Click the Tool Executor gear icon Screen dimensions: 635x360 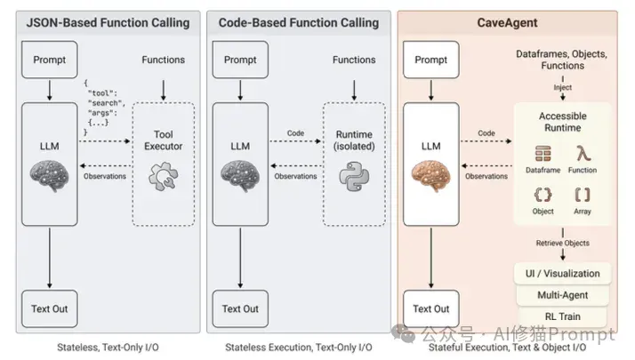164,176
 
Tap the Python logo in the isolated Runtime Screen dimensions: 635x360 354,177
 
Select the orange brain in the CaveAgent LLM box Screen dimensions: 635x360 430,176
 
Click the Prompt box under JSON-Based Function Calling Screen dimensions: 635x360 50,60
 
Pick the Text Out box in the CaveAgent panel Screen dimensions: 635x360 430,308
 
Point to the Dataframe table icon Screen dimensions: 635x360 543,154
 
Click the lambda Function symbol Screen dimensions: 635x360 583,154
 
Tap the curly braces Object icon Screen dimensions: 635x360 543,195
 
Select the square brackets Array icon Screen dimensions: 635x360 583,195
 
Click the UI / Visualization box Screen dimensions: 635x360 562,274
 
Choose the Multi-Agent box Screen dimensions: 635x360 562,295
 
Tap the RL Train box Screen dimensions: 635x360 562,316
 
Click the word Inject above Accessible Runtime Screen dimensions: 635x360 562,87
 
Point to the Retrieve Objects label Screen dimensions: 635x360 562,243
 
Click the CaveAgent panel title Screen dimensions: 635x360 507,23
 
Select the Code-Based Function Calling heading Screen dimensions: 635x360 299,23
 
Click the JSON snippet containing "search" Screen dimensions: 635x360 104,108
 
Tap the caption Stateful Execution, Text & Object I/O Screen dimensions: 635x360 507,348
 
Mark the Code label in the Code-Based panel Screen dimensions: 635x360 295,132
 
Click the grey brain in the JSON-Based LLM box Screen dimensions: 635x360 50,176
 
